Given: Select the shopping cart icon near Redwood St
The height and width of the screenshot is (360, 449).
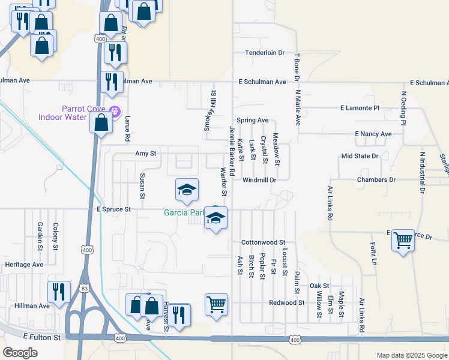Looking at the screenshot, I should pyautogui.click(x=215, y=304).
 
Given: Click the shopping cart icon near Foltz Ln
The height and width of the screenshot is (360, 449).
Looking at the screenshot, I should pyautogui.click(x=403, y=241).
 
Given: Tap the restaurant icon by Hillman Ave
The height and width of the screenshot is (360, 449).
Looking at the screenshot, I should pyautogui.click(x=59, y=292).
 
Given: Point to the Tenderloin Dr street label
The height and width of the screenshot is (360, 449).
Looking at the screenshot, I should pyautogui.click(x=264, y=53).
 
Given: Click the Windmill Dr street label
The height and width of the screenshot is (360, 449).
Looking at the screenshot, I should pyautogui.click(x=259, y=180).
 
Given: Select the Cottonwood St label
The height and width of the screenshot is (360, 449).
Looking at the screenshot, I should pyautogui.click(x=262, y=242).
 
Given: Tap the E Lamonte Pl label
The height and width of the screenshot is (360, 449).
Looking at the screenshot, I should pyautogui.click(x=360, y=108).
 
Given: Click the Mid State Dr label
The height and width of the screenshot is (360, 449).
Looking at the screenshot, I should pyautogui.click(x=360, y=156).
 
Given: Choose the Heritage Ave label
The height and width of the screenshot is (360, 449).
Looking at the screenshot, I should pyautogui.click(x=24, y=265).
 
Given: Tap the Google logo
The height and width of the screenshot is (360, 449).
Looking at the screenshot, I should pyautogui.click(x=20, y=353).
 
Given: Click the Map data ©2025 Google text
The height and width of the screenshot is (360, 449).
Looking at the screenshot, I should pyautogui.click(x=411, y=356).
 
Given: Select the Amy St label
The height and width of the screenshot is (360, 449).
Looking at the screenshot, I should pyautogui.click(x=145, y=154).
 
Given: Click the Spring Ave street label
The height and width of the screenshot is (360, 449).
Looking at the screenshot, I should pyautogui.click(x=252, y=120).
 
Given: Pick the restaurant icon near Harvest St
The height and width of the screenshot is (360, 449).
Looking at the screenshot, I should pyautogui.click(x=178, y=314).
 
